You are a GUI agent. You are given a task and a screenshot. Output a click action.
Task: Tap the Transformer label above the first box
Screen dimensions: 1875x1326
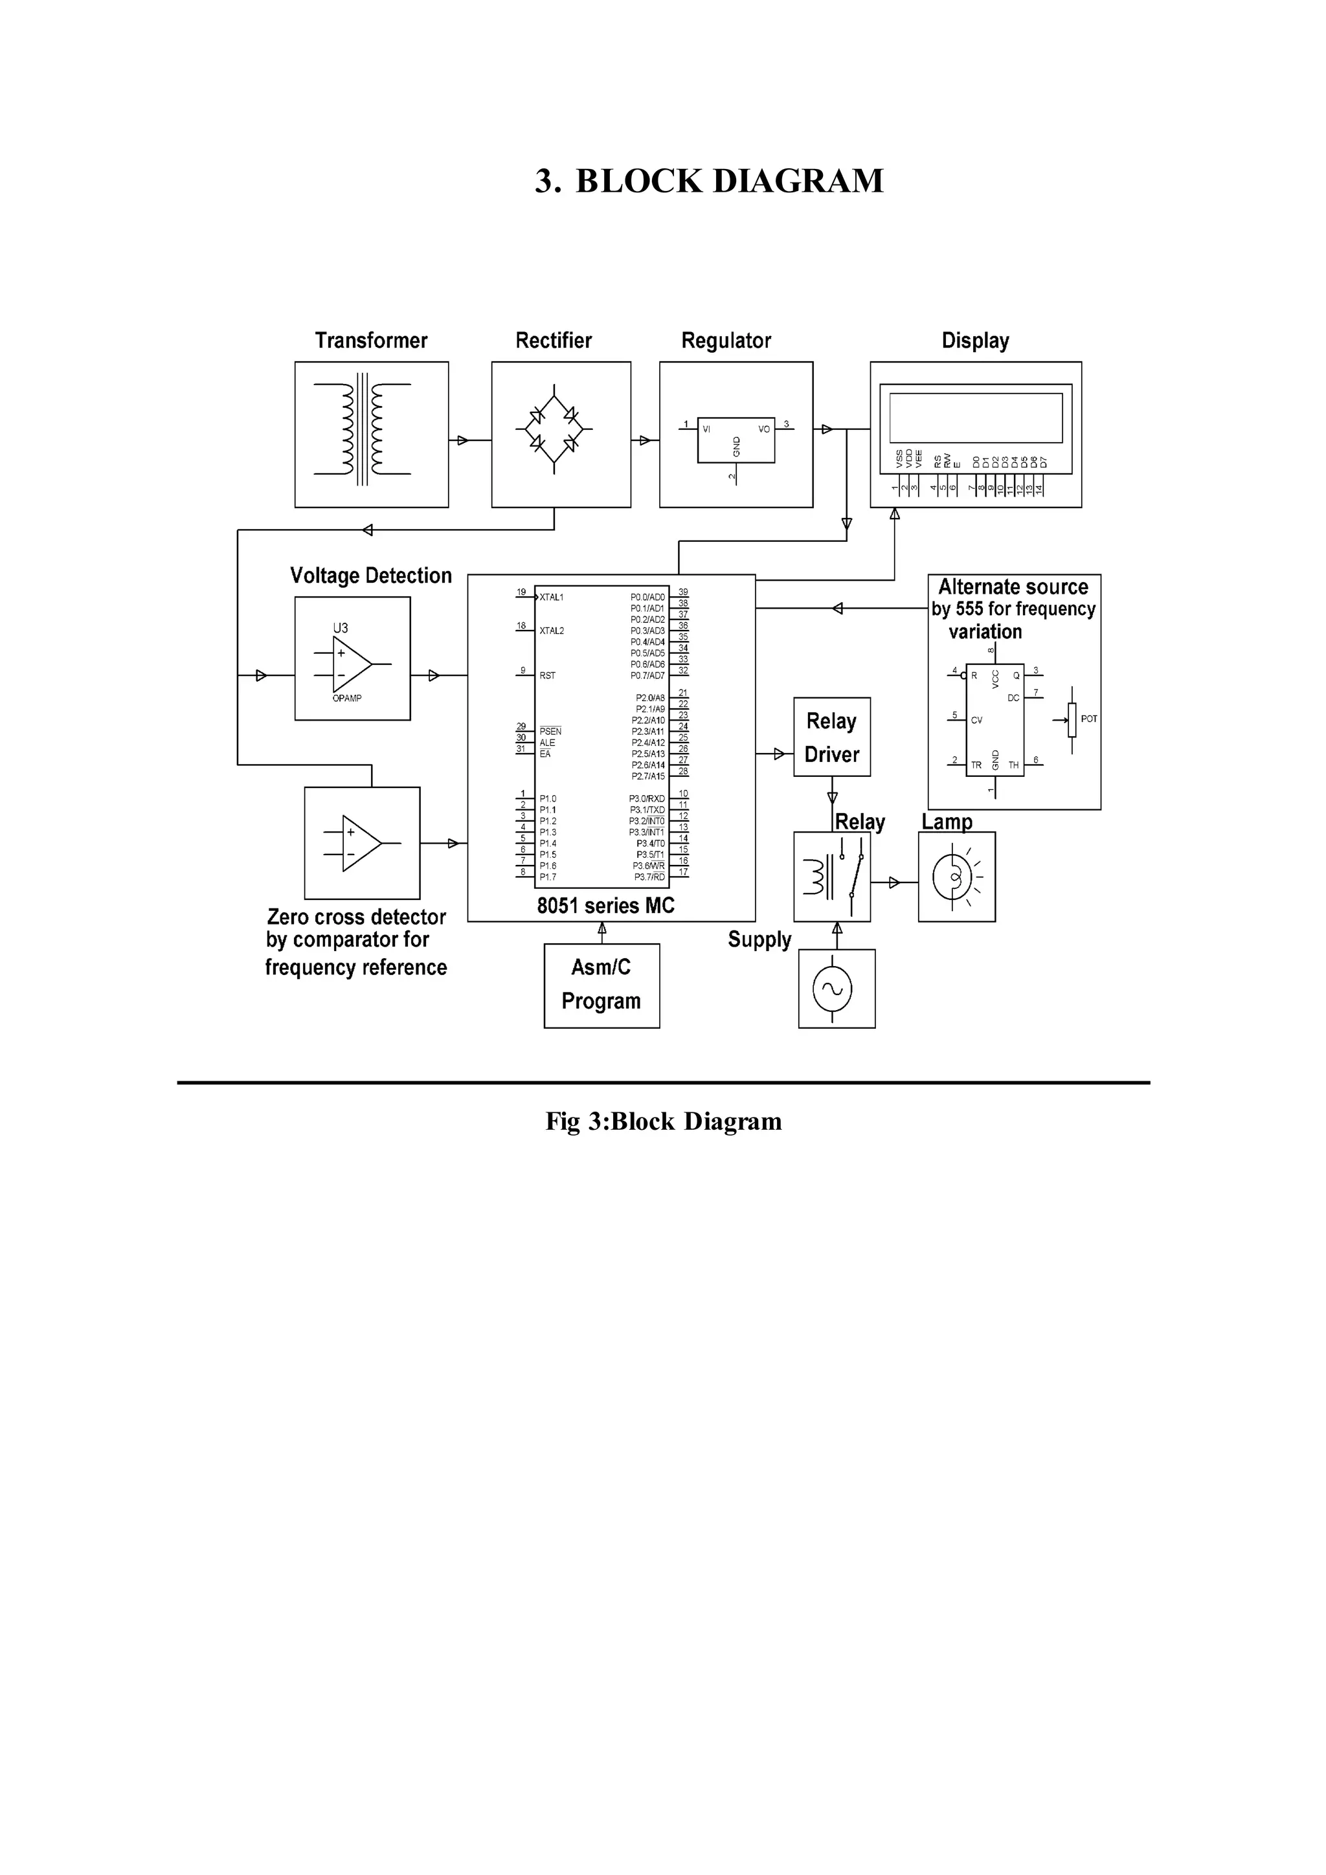[x=371, y=341]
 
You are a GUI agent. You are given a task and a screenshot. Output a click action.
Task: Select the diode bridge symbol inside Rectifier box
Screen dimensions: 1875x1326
[x=554, y=429]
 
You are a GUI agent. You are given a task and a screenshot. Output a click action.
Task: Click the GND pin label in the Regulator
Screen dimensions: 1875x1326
[x=736, y=446]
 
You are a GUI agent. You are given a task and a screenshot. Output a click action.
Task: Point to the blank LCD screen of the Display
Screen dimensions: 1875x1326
[x=975, y=418]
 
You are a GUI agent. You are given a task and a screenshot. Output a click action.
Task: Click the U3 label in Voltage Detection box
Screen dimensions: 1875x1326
[x=341, y=628]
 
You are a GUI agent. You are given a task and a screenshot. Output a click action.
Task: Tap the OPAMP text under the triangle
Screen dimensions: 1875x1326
[x=347, y=698]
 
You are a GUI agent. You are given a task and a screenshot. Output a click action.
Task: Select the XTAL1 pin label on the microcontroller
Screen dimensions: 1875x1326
[x=551, y=598]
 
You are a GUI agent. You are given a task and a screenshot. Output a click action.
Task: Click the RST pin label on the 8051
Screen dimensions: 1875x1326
[x=547, y=675]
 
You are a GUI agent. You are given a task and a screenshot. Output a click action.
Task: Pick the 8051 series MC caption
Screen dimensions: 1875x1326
[x=606, y=906]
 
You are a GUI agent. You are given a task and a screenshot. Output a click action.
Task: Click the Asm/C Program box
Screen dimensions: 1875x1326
[x=601, y=985]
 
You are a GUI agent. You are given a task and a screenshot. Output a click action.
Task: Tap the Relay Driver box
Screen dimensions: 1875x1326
[x=831, y=737]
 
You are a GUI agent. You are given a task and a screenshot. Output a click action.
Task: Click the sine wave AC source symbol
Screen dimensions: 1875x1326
[x=832, y=989]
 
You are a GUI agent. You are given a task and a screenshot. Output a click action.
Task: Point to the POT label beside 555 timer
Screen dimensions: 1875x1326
[x=1088, y=719]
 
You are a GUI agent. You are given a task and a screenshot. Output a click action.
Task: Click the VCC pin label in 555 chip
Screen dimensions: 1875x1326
[x=995, y=679]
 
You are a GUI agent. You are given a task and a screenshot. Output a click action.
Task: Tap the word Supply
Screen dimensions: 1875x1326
[x=759, y=940]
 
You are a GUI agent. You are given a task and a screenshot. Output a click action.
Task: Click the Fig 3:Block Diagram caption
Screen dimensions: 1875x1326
[x=663, y=1121]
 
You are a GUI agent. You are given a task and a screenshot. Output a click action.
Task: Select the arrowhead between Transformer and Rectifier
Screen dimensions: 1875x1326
[x=462, y=440]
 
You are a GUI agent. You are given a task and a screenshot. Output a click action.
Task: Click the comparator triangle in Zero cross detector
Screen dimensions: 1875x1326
[x=360, y=843]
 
